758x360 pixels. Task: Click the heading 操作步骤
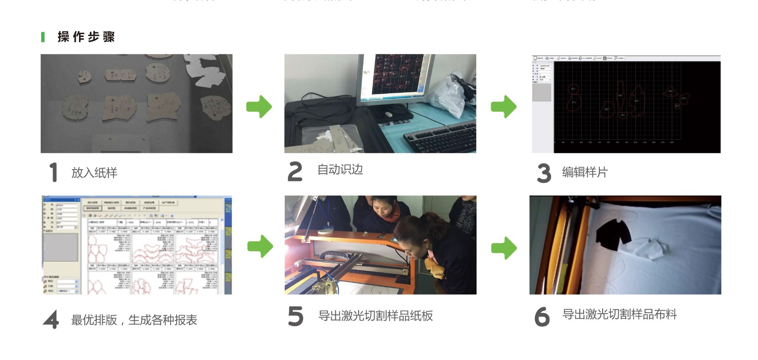pos(86,37)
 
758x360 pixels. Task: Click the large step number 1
pos(54,172)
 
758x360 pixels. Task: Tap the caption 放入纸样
pos(94,173)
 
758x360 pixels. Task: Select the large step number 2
pos(295,171)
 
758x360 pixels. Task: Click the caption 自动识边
pos(340,170)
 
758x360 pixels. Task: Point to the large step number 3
pos(544,173)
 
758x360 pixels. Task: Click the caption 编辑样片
pos(584,172)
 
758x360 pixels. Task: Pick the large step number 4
pos(51,320)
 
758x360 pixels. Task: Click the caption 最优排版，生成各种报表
pos(134,320)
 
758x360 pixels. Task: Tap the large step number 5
pos(295,316)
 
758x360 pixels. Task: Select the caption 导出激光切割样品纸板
pos(375,316)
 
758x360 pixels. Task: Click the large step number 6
pos(541,316)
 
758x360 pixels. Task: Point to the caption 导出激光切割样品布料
pos(619,315)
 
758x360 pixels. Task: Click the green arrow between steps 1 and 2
pos(259,107)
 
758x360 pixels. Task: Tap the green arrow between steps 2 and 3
pos(504,107)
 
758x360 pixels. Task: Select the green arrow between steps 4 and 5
pos(260,246)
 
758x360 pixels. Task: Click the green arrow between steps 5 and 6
pos(504,248)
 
